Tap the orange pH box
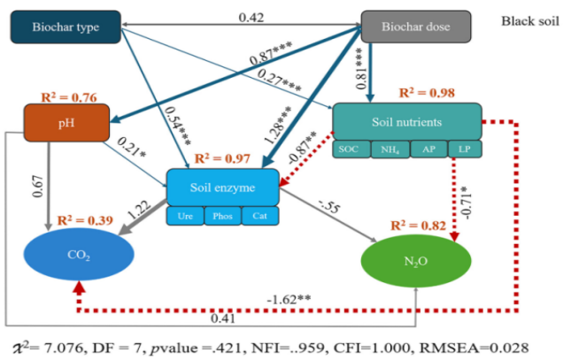(66, 123)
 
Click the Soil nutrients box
(406, 121)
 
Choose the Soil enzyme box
(222, 188)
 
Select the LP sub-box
(463, 149)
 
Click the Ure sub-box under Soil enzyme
(185, 216)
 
